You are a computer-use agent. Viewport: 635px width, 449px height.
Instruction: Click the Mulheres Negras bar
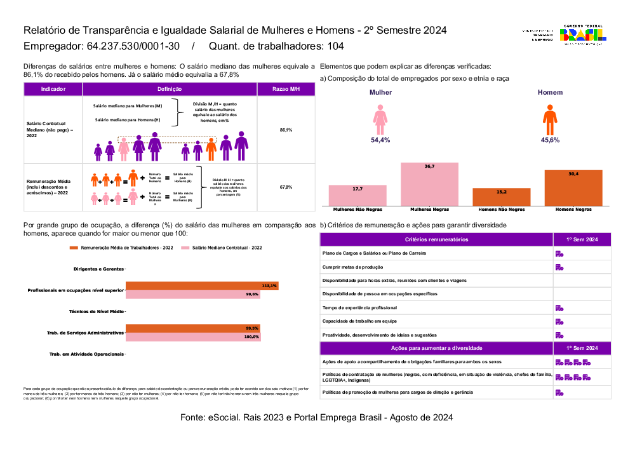coord(429,184)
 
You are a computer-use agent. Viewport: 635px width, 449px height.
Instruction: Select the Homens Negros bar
coord(573,187)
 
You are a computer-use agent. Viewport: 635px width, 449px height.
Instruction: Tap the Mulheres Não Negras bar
coord(358,195)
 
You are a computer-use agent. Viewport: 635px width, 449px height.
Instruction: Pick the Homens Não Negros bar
coord(502,196)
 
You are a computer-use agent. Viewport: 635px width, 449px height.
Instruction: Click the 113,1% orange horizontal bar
coord(202,286)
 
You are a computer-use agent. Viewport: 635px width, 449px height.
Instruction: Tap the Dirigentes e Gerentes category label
coord(98,269)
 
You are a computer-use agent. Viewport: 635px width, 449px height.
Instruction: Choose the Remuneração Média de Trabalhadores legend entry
coord(120,248)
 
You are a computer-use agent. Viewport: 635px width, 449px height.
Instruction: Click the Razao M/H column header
coord(286,90)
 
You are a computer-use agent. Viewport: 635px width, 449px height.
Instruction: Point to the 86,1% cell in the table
coord(286,130)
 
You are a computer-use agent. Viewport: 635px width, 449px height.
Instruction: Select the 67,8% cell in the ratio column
coord(286,187)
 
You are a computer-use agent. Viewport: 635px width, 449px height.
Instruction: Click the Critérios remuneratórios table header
coord(436,239)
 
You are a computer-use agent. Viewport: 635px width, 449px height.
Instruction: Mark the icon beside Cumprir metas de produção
coord(559,267)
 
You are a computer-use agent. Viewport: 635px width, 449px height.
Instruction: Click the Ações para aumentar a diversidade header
coord(436,349)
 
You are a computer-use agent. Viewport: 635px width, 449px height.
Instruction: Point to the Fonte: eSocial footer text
coord(317,418)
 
